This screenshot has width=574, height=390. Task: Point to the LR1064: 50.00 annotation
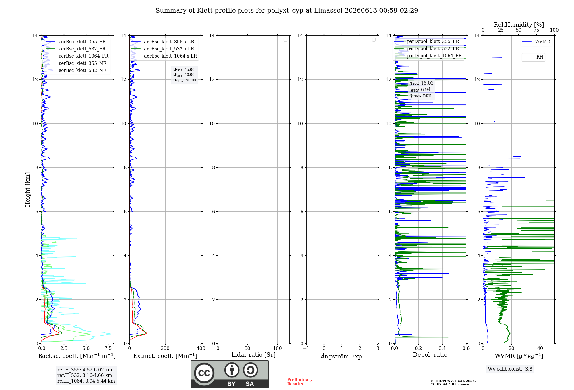tap(184, 80)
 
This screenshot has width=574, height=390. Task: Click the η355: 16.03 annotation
tap(421, 83)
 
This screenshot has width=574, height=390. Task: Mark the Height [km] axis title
tap(28, 190)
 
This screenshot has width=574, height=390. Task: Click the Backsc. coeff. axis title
tap(77, 356)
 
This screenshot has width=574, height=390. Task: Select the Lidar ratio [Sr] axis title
tap(253, 355)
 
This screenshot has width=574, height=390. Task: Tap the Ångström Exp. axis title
tap(342, 356)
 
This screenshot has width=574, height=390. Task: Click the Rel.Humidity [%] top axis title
tap(519, 25)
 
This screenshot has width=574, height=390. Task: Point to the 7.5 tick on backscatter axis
tap(108, 348)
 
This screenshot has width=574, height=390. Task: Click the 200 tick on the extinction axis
tap(165, 348)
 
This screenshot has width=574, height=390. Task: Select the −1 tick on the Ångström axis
tap(306, 348)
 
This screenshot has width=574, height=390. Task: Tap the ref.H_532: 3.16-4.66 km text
tap(85, 375)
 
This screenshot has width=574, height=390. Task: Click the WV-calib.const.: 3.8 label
tap(510, 369)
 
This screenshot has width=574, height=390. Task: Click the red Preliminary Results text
tap(300, 382)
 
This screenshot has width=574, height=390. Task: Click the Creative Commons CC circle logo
tap(204, 373)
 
